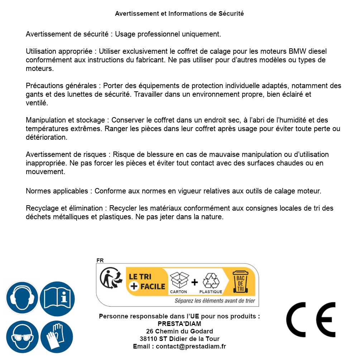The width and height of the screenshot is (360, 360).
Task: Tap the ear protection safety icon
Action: coord(22,298)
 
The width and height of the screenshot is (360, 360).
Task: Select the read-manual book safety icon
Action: coord(57,298)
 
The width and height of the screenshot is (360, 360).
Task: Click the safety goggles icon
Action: coord(22,337)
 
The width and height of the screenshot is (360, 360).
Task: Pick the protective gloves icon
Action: coord(57,337)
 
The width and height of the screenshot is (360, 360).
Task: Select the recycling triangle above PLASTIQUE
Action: coord(211,280)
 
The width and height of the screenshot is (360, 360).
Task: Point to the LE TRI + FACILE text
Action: coord(147,282)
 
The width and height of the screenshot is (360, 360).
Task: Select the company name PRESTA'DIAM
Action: coord(179,324)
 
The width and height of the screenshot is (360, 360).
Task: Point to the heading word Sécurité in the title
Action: coord(231,14)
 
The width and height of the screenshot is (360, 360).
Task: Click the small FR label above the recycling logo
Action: coord(100,260)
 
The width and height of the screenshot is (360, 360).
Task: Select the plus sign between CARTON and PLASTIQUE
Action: coord(195,282)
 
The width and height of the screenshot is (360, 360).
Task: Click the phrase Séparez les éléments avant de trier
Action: coord(215,301)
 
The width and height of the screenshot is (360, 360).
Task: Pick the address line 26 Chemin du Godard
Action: coord(179,331)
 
